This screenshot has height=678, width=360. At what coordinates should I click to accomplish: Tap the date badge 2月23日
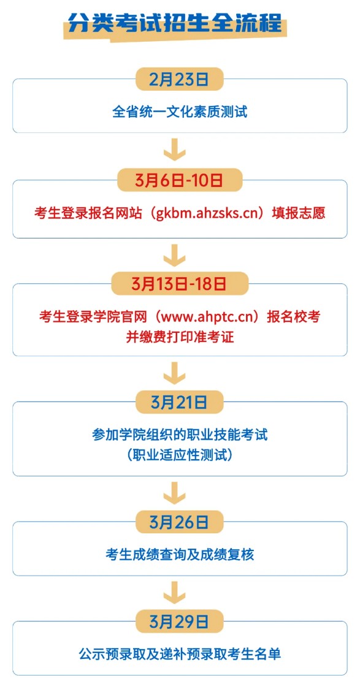(180, 79)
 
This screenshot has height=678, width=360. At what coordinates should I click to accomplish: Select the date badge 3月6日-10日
(180, 180)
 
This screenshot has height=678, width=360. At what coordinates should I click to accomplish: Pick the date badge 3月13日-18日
(180, 284)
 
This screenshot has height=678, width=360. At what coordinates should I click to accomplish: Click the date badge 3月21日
(180, 402)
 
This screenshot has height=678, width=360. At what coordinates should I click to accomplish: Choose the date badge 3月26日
(180, 522)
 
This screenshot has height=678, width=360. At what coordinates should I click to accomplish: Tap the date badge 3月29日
(180, 622)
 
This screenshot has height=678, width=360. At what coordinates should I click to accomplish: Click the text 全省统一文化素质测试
(180, 112)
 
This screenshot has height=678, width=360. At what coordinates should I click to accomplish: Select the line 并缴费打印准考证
(180, 337)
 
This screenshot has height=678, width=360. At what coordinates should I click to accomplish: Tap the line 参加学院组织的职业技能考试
(180, 434)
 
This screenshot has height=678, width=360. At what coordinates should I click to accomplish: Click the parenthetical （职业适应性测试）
(180, 455)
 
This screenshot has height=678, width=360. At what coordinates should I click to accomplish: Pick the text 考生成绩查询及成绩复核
(180, 555)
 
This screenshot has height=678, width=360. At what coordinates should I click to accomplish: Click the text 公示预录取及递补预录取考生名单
(180, 653)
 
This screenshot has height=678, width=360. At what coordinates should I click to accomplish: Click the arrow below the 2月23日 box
(174, 149)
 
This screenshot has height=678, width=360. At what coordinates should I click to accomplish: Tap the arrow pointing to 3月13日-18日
(174, 255)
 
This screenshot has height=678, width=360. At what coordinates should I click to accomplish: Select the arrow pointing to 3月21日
(174, 373)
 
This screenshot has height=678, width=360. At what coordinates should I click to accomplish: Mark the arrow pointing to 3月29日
(174, 593)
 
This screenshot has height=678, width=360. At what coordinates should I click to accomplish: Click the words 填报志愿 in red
(298, 213)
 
